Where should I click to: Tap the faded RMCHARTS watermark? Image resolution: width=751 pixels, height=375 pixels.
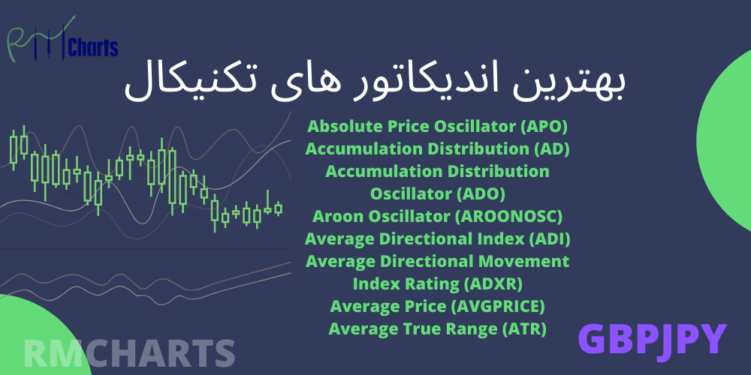click(129, 354)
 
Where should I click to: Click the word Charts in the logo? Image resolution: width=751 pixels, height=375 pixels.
click(93, 47)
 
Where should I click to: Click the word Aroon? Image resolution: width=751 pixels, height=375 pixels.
click(333, 217)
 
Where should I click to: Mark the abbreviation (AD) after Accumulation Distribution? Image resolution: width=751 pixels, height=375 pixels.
click(552, 150)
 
